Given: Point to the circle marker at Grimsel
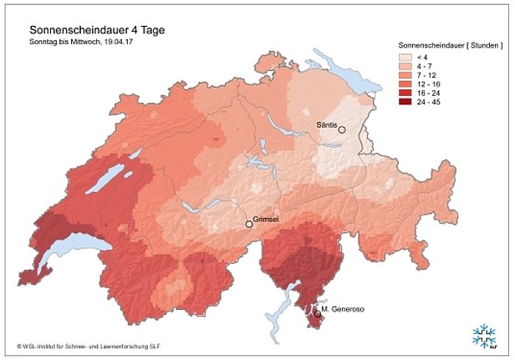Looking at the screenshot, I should tap(248, 224).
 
